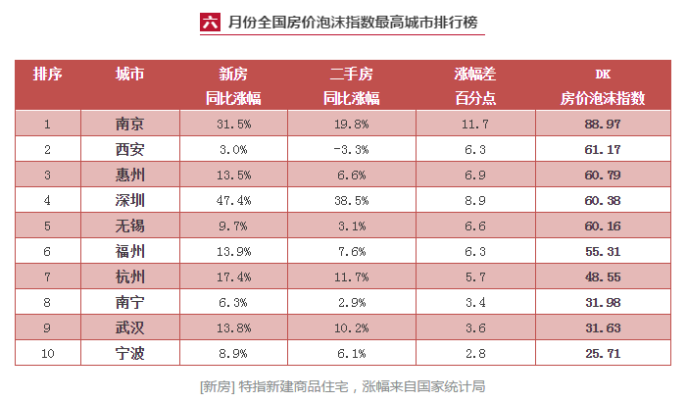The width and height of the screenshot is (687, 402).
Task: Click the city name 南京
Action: [x=129, y=124]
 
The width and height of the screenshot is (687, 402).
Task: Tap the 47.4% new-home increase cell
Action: [x=233, y=200]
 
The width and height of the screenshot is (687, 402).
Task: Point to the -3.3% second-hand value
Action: [x=350, y=149]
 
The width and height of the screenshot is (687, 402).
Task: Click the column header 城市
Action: [x=129, y=74]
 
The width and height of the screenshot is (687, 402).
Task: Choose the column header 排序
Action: [x=47, y=74]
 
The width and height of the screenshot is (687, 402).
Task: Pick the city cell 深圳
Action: [x=129, y=200]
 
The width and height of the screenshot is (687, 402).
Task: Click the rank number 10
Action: [x=47, y=353]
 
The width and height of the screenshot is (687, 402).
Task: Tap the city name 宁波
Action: [x=129, y=353]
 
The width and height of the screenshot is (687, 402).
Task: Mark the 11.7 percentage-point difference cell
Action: [x=474, y=124]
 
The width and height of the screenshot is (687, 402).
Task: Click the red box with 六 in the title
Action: [x=208, y=22]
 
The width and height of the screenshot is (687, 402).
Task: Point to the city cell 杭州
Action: [x=129, y=276]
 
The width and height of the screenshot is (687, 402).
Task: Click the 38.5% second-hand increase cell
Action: [x=350, y=200]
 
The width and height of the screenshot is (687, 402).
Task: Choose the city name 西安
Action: [x=129, y=149]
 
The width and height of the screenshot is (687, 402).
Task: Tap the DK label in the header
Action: [x=603, y=74]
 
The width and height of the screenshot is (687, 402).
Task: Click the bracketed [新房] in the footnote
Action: [x=217, y=385]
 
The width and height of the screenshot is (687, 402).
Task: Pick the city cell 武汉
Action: [x=129, y=327]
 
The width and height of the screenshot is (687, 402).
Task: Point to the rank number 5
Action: [x=47, y=226]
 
